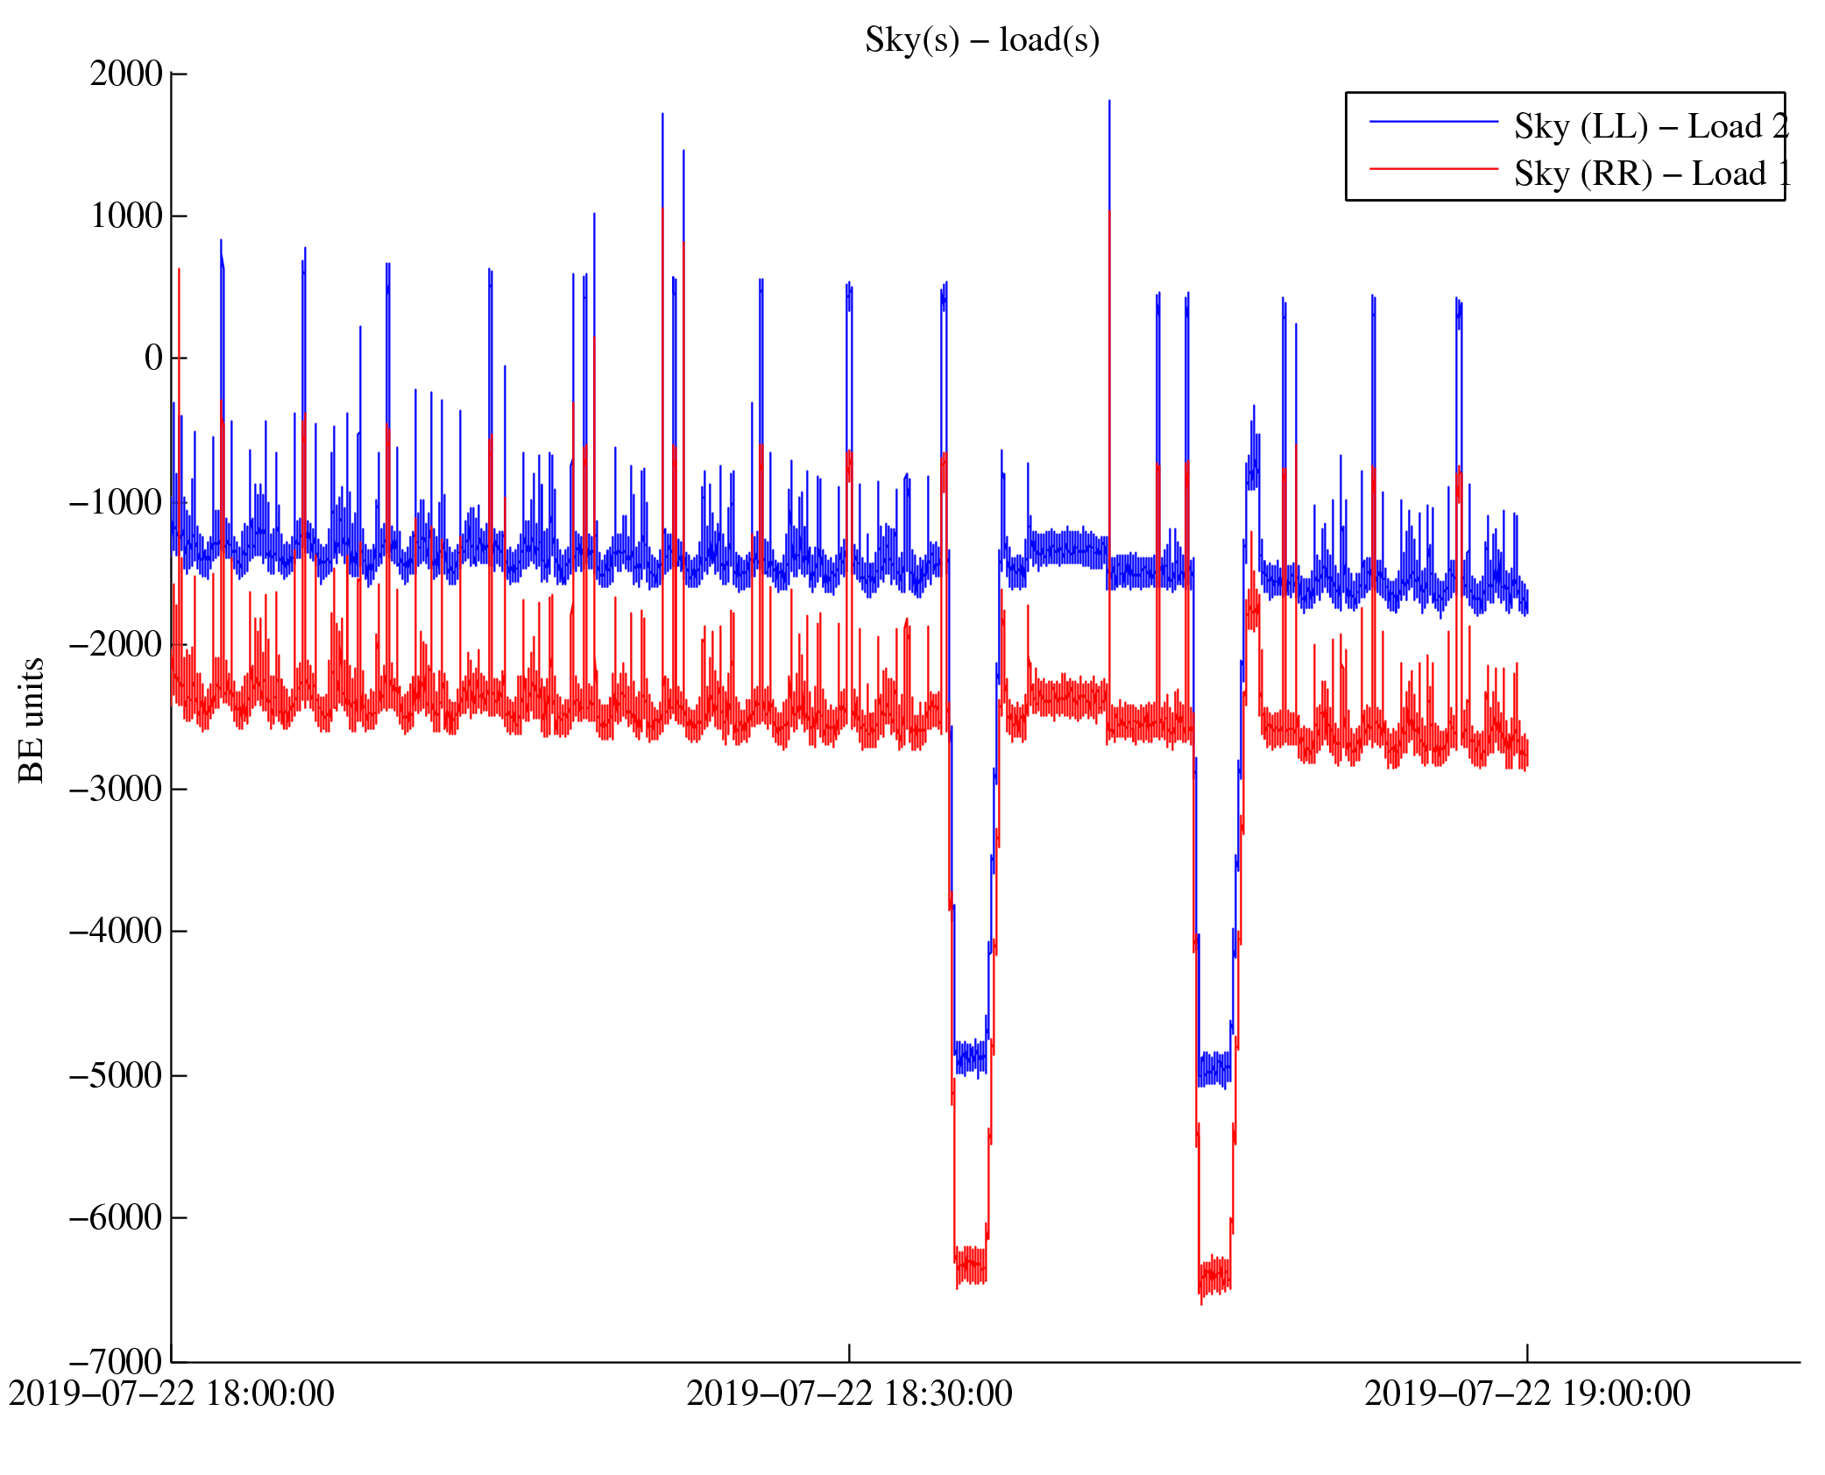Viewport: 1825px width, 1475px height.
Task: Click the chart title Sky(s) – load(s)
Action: (x=982, y=40)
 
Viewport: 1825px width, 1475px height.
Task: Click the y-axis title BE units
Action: (x=32, y=720)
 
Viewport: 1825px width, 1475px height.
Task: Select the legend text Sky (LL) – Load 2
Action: (x=1650, y=127)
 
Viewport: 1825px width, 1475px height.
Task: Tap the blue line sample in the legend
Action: (x=1433, y=122)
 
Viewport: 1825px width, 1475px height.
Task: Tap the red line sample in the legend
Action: (x=1433, y=168)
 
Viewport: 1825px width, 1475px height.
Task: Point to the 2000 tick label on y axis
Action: (x=126, y=74)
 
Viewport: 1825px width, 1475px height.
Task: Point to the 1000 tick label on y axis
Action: (x=126, y=216)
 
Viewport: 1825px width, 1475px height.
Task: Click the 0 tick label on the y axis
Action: (x=153, y=358)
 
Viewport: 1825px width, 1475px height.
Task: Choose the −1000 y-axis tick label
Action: (x=116, y=502)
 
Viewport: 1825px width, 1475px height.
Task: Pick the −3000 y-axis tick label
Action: (x=116, y=789)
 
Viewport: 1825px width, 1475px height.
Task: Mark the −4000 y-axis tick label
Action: (x=116, y=931)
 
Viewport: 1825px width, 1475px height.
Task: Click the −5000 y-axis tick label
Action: (x=116, y=1075)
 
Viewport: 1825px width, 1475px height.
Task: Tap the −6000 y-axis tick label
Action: (x=116, y=1217)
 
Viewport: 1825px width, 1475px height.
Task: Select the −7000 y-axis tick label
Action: (x=116, y=1361)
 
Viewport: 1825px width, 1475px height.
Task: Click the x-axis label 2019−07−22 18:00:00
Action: (x=172, y=1393)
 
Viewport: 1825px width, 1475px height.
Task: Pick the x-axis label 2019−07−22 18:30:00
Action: (x=849, y=1393)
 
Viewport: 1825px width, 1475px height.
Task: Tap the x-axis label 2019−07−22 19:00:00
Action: (x=1527, y=1393)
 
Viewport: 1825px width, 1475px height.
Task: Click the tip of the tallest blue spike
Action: (x=1109, y=102)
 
